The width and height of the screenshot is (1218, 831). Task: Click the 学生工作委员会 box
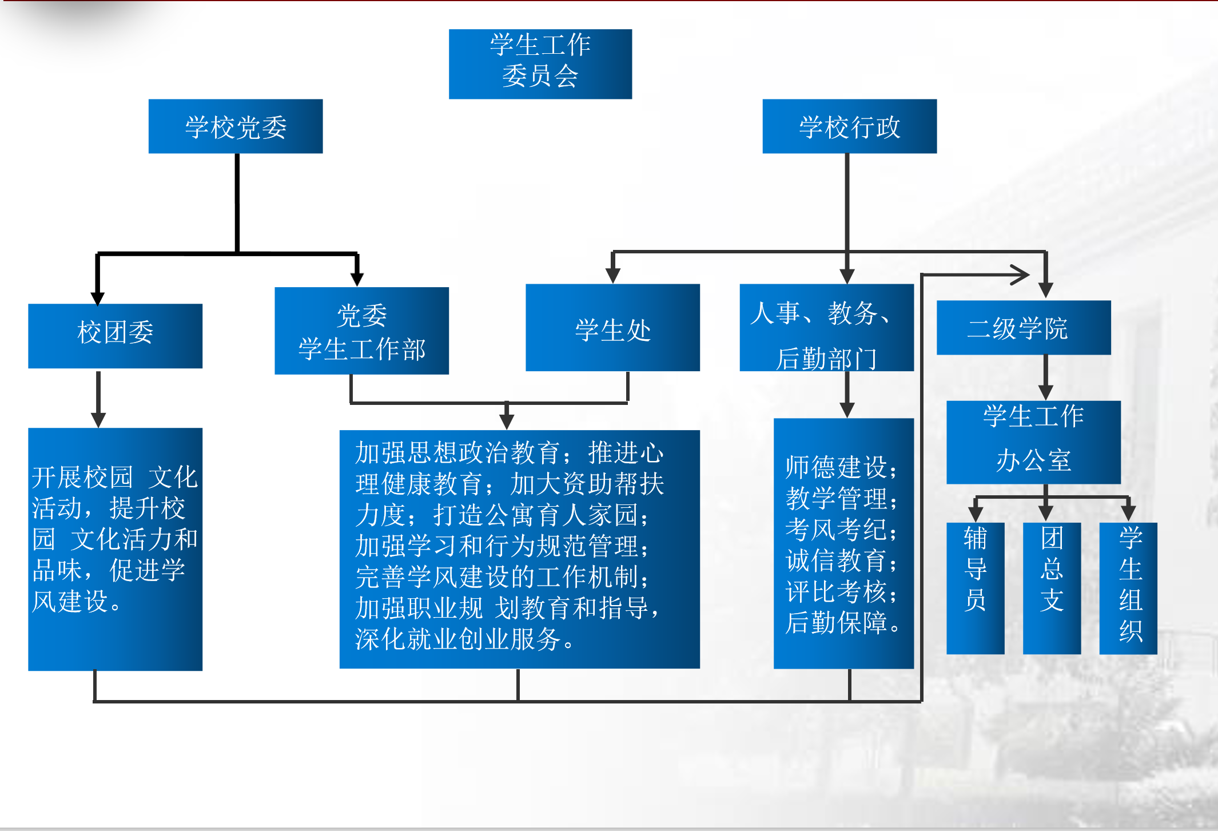540,63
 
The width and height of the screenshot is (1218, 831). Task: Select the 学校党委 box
236,126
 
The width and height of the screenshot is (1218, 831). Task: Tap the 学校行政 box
849,126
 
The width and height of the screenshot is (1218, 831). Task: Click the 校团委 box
115,336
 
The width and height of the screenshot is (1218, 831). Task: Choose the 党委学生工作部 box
361,331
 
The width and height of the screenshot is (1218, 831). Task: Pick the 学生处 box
612,328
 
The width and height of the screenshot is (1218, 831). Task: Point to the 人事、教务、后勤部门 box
826,328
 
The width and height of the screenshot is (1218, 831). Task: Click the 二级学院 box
1023,328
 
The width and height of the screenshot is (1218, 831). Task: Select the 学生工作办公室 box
1033,442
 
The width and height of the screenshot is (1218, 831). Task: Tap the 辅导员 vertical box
975,587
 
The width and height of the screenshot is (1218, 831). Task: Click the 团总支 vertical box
1051,587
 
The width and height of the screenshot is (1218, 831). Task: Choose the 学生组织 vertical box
1128,587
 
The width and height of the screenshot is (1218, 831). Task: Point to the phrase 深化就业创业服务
458,639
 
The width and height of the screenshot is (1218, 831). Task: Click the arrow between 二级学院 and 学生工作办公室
1045,378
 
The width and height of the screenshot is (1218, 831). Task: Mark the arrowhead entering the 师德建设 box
847,409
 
